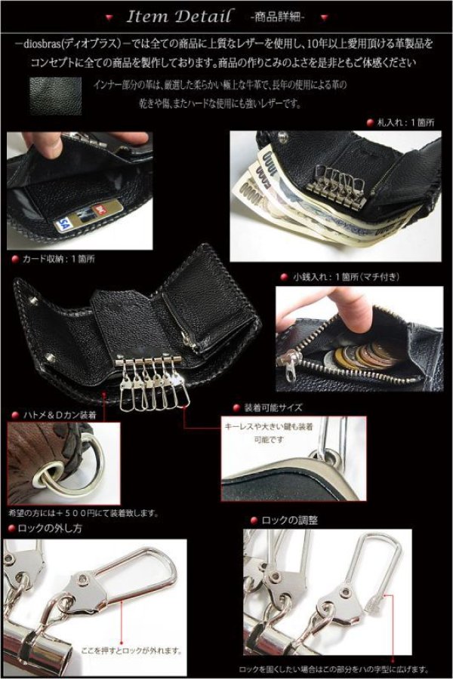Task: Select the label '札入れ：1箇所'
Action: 408,121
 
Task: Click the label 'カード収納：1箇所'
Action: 57,258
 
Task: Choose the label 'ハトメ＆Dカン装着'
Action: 57,415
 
